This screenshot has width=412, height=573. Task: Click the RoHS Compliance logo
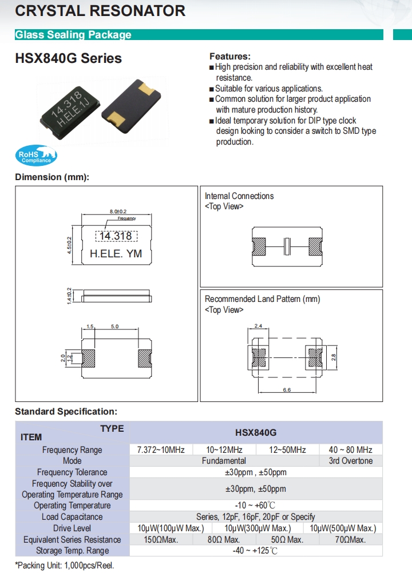pyautogui.click(x=35, y=155)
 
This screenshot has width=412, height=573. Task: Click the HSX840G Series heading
pyautogui.click(x=68, y=58)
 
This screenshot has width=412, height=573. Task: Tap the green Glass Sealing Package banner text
pyautogui.click(x=73, y=35)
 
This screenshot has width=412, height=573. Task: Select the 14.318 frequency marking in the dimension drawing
pyautogui.click(x=116, y=236)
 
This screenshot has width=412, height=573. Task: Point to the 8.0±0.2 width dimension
pyautogui.click(x=118, y=212)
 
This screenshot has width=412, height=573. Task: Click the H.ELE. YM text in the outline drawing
pyautogui.click(x=116, y=254)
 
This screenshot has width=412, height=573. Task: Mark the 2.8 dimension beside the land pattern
pyautogui.click(x=335, y=357)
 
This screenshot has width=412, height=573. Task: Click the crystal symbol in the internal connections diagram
pyautogui.click(x=288, y=246)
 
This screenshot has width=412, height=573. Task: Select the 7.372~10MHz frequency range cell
pyautogui.click(x=161, y=450)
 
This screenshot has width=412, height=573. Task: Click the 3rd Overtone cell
pyautogui.click(x=350, y=461)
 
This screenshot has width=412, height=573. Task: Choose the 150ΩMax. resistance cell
pyautogui.click(x=161, y=539)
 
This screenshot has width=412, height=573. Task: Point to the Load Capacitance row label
pyautogui.click(x=72, y=517)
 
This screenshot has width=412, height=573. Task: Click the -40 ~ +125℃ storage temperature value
pyautogui.click(x=256, y=551)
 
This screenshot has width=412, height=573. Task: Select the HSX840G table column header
pyautogui.click(x=256, y=433)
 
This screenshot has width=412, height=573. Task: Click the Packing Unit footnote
pyautogui.click(x=65, y=565)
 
